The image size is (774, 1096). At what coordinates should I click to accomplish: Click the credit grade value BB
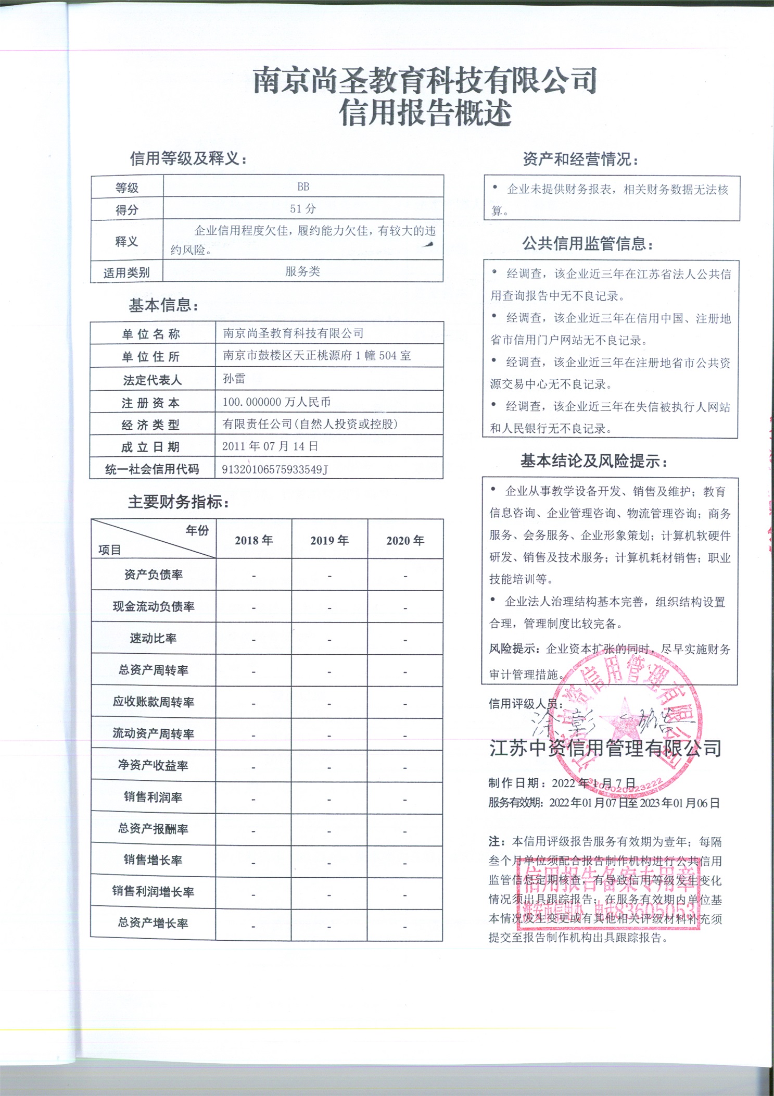pos(303,186)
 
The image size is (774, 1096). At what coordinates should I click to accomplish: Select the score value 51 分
pos(303,209)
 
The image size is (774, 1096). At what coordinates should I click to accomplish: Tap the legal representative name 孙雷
pos(234,379)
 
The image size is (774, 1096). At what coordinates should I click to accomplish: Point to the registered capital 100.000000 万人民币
pos(276,402)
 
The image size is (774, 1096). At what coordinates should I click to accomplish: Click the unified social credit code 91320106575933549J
pos(275,469)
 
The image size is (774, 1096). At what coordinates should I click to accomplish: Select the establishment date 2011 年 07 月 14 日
pos(270,446)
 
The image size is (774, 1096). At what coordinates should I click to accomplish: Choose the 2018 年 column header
pos(253,540)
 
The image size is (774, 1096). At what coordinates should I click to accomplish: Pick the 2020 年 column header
pos(405,540)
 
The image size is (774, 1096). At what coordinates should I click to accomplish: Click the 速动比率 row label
pos(153,638)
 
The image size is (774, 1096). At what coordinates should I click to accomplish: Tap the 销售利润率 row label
pos(153,797)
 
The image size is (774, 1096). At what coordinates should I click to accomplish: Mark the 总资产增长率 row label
pos(153,923)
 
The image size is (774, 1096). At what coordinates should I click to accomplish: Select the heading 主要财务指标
pos(179,502)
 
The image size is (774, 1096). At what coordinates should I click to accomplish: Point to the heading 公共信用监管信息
pos(588,243)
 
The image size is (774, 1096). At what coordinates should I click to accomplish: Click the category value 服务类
pos(302,271)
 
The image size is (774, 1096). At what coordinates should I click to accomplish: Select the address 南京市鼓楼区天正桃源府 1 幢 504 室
pos(317,356)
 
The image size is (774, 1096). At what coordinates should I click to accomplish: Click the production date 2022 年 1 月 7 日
pos(593,783)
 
